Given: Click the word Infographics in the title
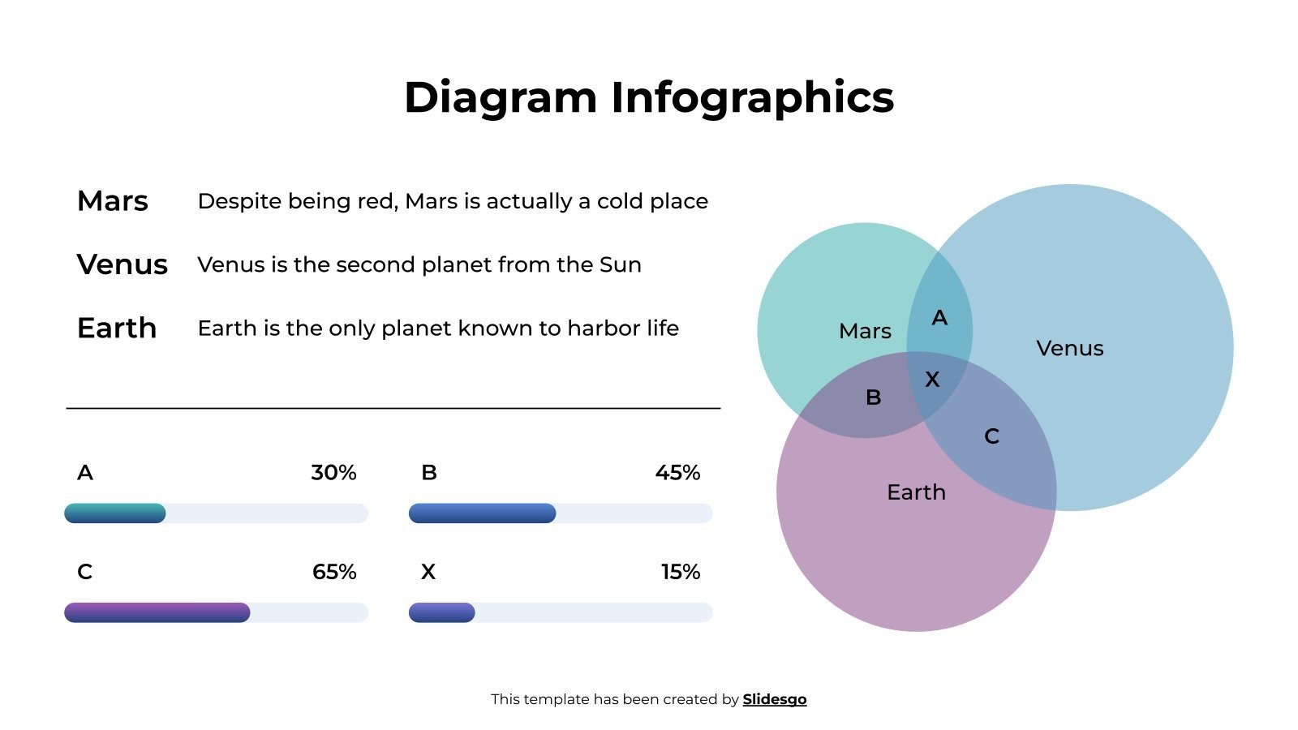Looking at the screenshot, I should (751, 98).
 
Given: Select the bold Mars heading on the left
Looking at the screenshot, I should (112, 201).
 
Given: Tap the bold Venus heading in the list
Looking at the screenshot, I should (122, 264).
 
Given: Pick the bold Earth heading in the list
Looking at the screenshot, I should (116, 328).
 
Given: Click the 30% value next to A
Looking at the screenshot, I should (333, 473).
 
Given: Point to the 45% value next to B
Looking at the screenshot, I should (677, 473).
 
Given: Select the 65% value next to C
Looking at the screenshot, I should (334, 572).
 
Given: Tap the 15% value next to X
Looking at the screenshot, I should (680, 572).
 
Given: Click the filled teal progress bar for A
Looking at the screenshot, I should (115, 513).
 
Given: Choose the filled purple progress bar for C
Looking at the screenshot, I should (157, 612).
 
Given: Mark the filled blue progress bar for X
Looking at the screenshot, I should (441, 612).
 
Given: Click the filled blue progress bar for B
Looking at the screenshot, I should (482, 513).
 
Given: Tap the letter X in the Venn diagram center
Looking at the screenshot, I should (932, 380).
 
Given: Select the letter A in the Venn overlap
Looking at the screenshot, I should (939, 318).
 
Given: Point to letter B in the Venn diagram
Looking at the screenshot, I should (873, 397).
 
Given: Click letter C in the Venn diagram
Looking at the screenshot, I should (991, 436).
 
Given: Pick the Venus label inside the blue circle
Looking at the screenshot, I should (1069, 349).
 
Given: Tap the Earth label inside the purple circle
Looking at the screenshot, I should (916, 492).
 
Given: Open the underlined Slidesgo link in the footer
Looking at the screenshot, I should (774, 699).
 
